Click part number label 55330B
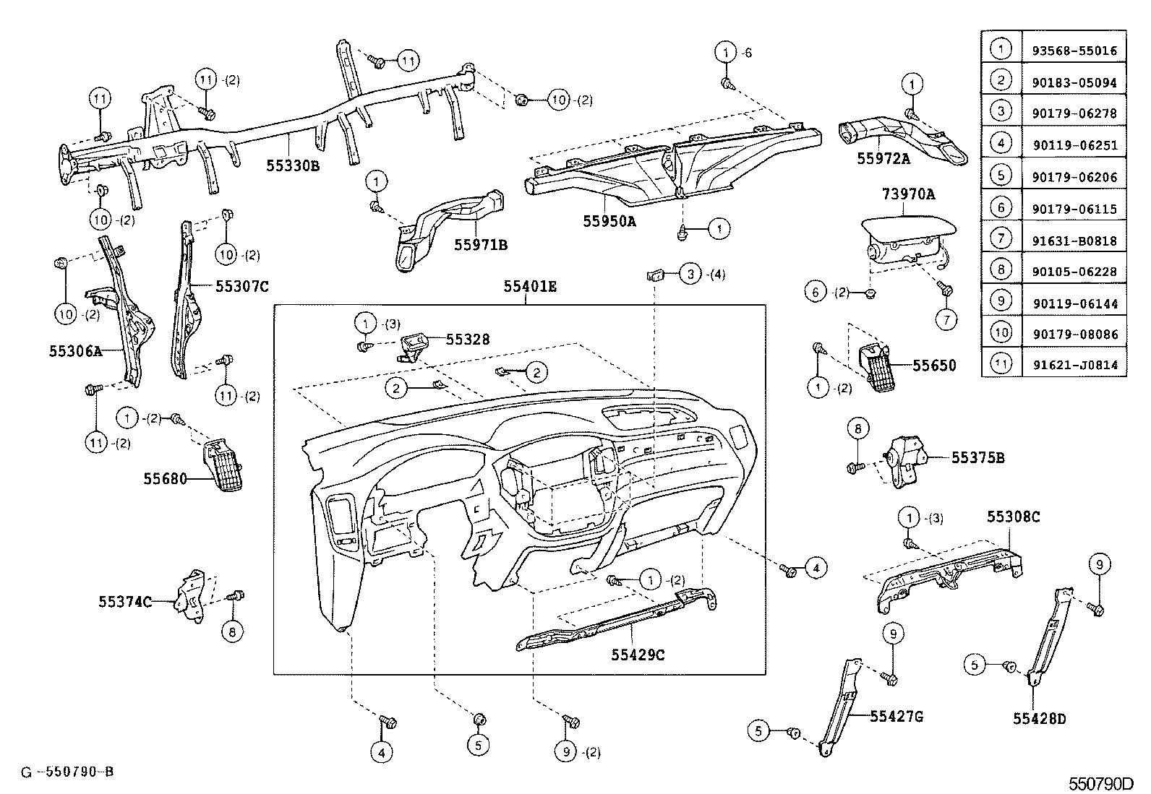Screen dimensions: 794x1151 click(x=292, y=165)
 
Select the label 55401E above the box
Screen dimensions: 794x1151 click(x=530, y=287)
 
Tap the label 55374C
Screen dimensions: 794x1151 click(x=125, y=601)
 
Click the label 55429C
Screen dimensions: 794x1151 click(x=638, y=655)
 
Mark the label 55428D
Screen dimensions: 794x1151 click(x=1039, y=719)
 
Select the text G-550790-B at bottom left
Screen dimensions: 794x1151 click(x=67, y=772)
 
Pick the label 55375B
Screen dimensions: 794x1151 click(x=977, y=458)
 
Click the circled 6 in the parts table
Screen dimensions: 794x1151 click(x=1001, y=208)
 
